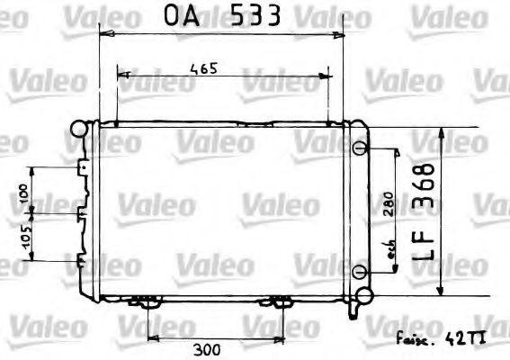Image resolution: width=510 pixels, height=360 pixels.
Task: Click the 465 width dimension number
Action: tap(202, 68)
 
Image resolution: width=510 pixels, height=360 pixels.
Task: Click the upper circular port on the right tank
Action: tap(360, 148)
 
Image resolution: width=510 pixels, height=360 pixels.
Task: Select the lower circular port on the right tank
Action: tap(360, 272)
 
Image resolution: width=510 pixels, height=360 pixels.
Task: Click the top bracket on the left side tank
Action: tap(83, 168)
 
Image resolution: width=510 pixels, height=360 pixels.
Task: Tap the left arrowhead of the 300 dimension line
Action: tap(148, 337)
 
